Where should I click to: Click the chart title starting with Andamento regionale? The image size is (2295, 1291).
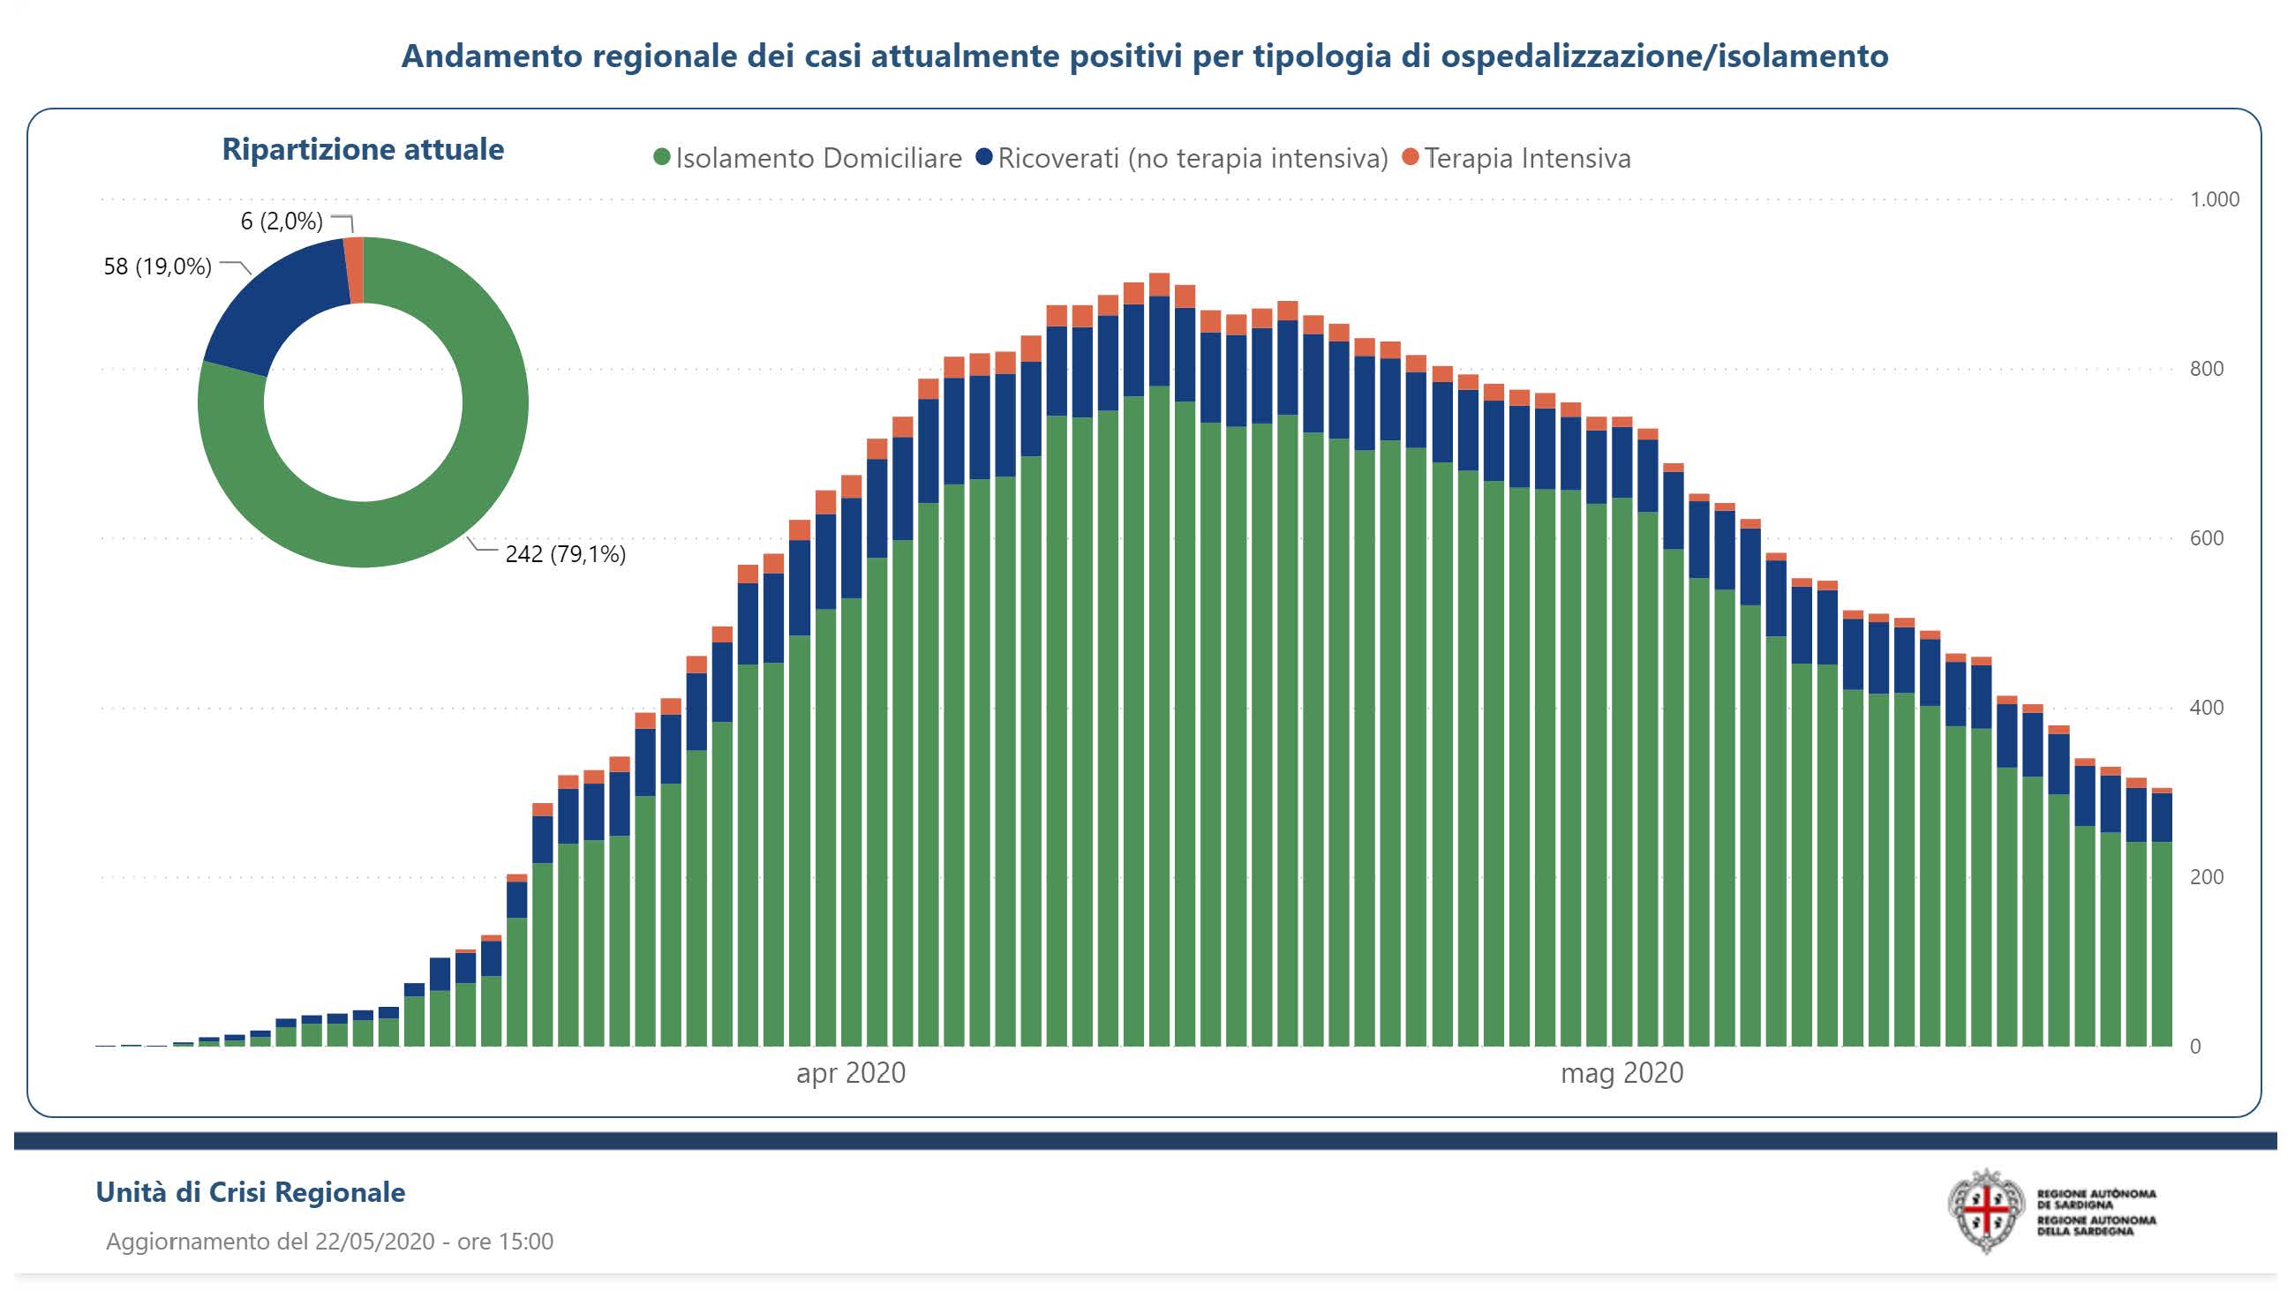[x=1144, y=56]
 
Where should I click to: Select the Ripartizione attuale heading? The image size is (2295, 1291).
[x=363, y=149]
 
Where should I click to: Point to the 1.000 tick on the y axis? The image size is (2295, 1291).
[x=2214, y=199]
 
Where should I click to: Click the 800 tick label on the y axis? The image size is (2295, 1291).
[x=2206, y=369]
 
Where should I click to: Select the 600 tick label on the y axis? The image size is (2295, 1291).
[x=2206, y=538]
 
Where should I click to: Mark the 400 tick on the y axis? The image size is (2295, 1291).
[x=2206, y=708]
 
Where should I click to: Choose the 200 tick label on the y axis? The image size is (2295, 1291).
[x=2206, y=877]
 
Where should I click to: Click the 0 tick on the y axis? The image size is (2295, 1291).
[x=2195, y=1047]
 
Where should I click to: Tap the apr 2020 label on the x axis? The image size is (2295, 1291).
[x=850, y=1073]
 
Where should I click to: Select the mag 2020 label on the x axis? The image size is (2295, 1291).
[x=1622, y=1073]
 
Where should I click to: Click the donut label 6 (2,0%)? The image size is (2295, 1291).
[x=282, y=221]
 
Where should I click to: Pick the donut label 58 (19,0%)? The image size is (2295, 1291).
[x=158, y=266]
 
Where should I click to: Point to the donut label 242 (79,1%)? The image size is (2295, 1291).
[x=565, y=554]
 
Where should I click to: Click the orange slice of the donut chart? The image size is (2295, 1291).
[x=355, y=270]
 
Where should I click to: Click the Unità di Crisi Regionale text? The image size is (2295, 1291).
[x=251, y=1192]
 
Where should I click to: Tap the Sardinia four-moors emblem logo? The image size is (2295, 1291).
[x=1986, y=1211]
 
